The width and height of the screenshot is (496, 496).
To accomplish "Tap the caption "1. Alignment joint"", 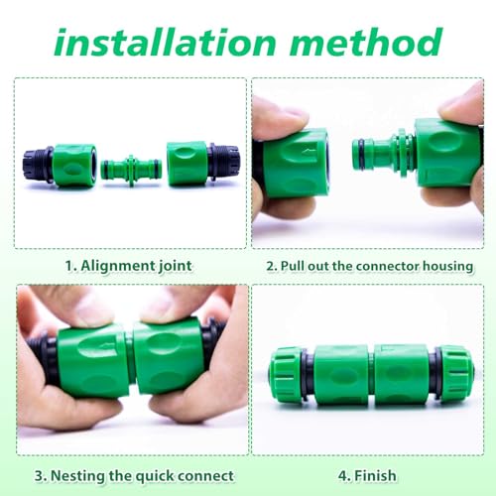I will [129, 265].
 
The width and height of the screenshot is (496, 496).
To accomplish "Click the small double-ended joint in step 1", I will [132, 165].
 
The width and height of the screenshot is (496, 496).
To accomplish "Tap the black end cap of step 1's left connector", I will [37, 164].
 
